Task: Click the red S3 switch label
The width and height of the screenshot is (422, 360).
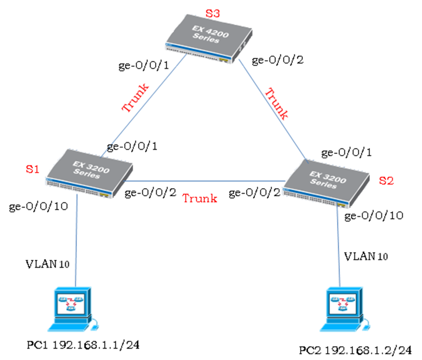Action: tap(213, 13)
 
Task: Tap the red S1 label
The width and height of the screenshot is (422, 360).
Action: tap(33, 169)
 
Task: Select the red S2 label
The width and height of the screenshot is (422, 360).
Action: tap(386, 180)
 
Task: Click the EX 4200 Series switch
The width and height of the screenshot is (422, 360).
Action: tap(209, 39)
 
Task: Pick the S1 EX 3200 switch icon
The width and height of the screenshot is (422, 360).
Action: tap(89, 174)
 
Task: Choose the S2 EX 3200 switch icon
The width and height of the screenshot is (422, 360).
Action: tap(327, 184)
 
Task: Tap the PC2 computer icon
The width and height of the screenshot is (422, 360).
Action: tap(345, 309)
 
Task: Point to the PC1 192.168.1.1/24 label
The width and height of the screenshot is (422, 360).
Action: tap(83, 345)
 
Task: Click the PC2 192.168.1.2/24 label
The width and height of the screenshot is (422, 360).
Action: tap(355, 351)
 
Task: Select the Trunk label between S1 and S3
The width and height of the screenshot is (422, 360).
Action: tap(135, 97)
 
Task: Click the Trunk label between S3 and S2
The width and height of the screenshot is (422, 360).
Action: tap(277, 103)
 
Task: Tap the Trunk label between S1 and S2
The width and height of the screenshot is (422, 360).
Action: tap(200, 199)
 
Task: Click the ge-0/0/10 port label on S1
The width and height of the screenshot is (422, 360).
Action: tap(38, 207)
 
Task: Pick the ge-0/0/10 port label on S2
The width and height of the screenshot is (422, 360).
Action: tap(374, 216)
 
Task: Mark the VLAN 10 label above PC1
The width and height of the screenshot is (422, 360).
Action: tap(47, 264)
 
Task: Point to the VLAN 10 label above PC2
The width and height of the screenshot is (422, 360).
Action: tap(366, 256)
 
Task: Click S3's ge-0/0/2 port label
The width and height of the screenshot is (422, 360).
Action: tap(278, 60)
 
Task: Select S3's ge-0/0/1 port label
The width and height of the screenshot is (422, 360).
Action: tap(144, 66)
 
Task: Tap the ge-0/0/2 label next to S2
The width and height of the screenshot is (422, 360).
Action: tap(254, 193)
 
